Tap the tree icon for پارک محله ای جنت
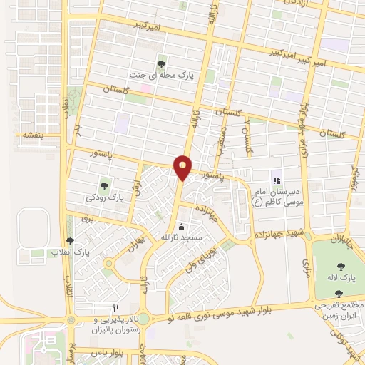(x=165, y=63)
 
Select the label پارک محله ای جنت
(x=165, y=75)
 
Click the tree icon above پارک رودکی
(x=104, y=187)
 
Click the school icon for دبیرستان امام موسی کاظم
(x=276, y=180)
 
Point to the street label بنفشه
(x=34, y=134)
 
